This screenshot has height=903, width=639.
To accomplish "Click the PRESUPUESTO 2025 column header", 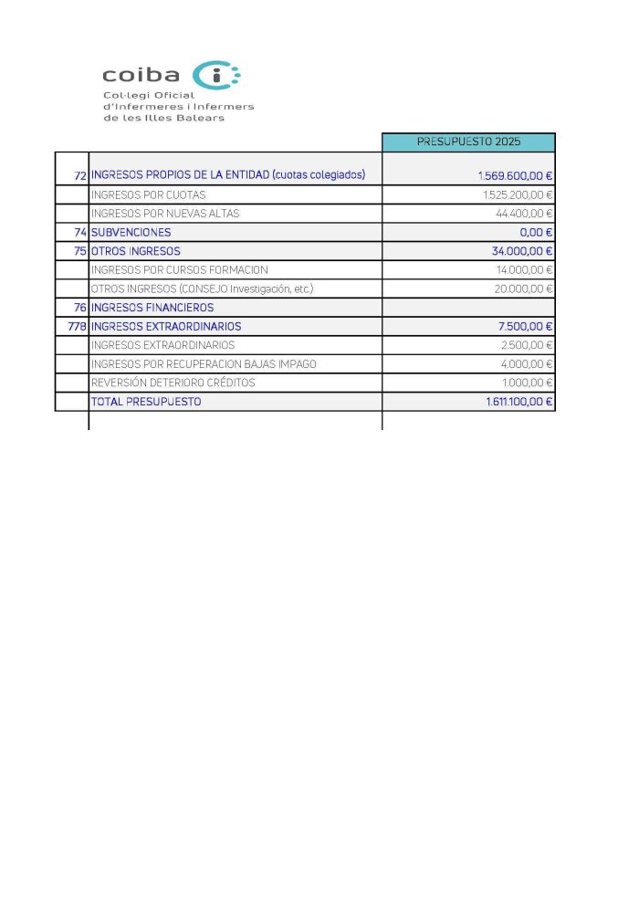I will pos(468,142).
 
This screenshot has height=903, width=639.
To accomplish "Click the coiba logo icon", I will pos(219,76).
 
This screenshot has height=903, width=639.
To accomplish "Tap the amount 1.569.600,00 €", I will pos(515,175).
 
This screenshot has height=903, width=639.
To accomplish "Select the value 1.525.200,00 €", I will pos(518,194).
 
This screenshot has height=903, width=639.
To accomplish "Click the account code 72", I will pos(79,175).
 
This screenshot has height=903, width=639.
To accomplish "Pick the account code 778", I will pos(77,326).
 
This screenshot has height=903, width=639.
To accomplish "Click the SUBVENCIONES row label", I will pos(131,232).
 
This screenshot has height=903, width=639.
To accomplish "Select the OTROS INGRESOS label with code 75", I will pos(135,251).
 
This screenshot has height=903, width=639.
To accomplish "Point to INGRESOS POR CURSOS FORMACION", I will pos(179,269).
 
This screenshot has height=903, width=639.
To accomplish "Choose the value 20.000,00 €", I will pos(524,289).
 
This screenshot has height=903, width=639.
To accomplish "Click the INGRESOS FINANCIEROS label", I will pos(152,308).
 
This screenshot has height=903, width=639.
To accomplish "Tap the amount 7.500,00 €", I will pos(526,326).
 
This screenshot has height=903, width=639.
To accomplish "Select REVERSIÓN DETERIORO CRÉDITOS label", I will pos(173,383).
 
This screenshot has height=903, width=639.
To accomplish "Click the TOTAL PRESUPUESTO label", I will pos(146,402).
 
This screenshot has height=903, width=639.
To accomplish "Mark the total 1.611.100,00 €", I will pos(519,402).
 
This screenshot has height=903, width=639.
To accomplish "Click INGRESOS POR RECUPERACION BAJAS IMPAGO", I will pos(204,363).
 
